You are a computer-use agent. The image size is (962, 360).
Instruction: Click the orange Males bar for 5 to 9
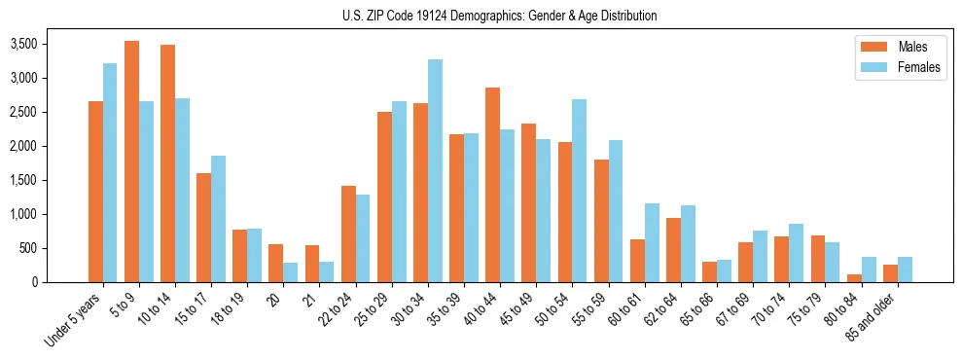tap(131, 162)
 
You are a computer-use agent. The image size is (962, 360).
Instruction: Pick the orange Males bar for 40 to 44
tap(492, 185)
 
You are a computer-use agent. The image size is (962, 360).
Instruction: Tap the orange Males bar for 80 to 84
tap(854, 278)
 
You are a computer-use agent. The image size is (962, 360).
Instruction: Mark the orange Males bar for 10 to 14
tap(167, 163)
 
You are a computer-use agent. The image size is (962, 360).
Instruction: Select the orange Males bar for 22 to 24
tap(348, 234)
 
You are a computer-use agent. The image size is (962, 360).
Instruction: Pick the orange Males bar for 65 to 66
tap(709, 272)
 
